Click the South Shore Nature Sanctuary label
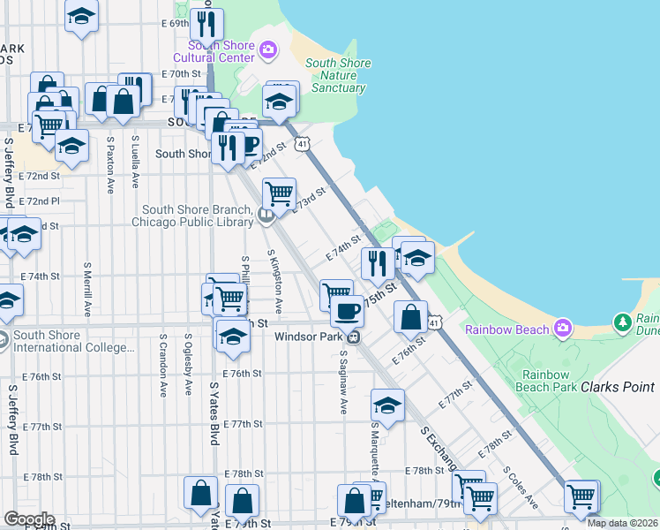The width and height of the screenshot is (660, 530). (x=337, y=75)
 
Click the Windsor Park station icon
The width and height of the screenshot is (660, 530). (x=353, y=336)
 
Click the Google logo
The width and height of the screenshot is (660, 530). (x=28, y=519)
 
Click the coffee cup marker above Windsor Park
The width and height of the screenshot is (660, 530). (x=347, y=311)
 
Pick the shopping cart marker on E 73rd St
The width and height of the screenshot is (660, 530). (x=279, y=193)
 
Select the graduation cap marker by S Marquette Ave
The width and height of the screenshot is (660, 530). (x=387, y=405)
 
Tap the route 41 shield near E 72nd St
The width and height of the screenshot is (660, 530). (x=303, y=142)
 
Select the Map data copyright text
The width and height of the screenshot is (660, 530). (x=622, y=523)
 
